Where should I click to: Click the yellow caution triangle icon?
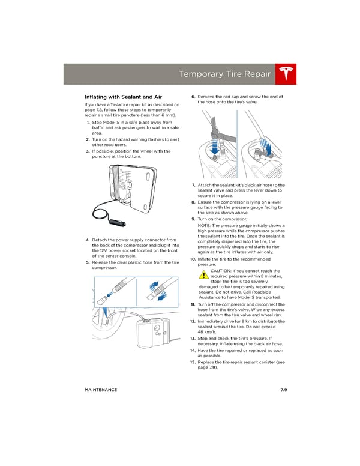pos(204,275)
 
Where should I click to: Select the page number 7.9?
pos(283,390)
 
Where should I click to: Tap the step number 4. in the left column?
pos(88,240)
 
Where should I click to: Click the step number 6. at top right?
pos(193,97)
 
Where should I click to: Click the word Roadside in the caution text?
pos(268,292)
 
